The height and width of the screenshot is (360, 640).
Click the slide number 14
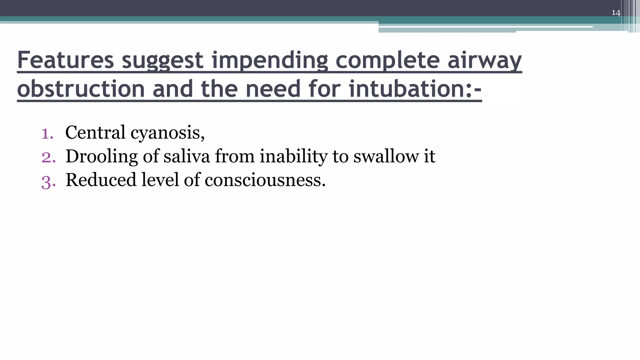click(x=616, y=13)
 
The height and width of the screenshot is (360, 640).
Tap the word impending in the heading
click(x=270, y=60)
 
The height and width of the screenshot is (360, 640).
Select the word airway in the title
click(x=485, y=60)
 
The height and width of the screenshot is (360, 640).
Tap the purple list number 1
click(x=47, y=133)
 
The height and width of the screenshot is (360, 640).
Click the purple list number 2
click(x=48, y=157)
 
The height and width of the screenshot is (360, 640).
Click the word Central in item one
click(x=95, y=132)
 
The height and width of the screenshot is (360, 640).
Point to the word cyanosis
click(x=167, y=133)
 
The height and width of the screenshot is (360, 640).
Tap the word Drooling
click(x=102, y=156)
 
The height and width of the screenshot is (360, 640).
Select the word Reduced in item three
click(x=101, y=180)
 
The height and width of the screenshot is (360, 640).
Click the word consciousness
click(x=265, y=180)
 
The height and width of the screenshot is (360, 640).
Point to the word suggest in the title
click(x=162, y=60)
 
